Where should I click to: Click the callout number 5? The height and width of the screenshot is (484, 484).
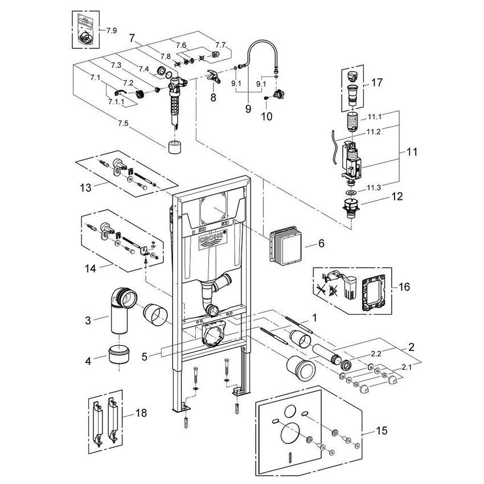coord(145,357)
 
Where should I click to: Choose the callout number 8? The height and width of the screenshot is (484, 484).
coord(213,97)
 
